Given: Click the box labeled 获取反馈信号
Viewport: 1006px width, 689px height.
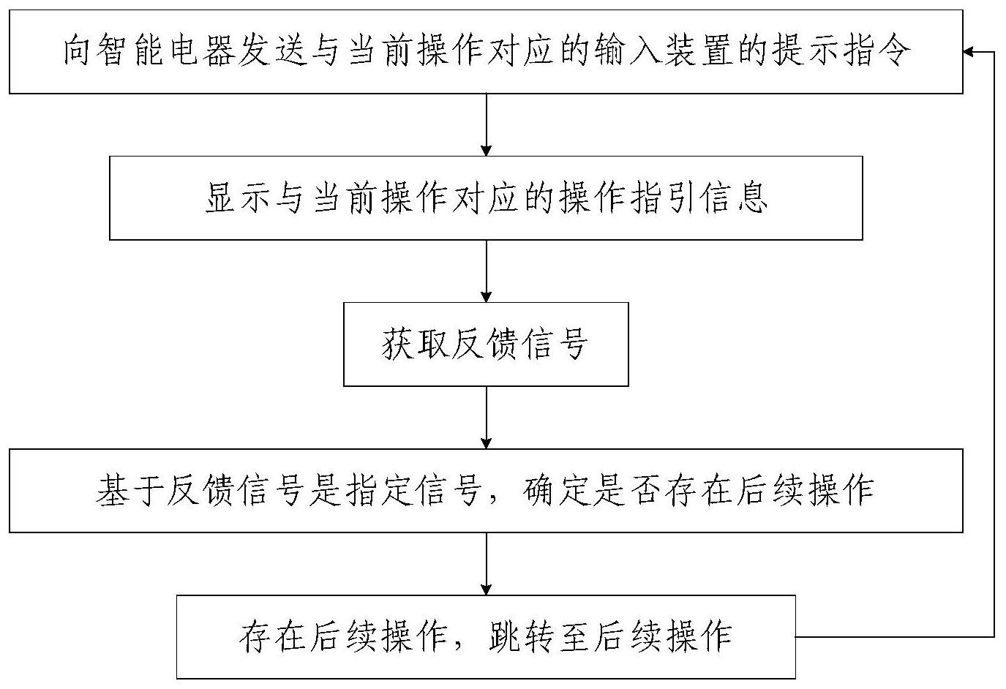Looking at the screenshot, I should click(x=486, y=344).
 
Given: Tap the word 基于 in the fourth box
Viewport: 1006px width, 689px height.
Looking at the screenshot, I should click(x=128, y=491).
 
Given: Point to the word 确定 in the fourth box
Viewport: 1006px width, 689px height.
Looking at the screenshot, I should click(x=556, y=491).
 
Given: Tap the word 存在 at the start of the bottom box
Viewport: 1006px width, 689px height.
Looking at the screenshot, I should click(x=271, y=637).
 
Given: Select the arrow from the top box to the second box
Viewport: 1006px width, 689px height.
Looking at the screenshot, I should click(x=487, y=124).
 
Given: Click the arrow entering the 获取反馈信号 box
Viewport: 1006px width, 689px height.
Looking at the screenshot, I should click(x=487, y=271).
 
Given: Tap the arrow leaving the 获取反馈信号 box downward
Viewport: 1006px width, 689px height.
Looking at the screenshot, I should click(x=487, y=417).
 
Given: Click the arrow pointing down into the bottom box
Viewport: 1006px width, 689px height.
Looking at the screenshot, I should click(x=487, y=563).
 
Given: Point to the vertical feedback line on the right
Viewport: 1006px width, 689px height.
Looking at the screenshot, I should click(x=994, y=344).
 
